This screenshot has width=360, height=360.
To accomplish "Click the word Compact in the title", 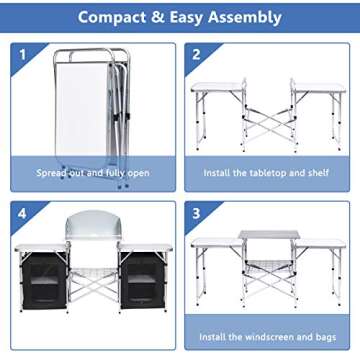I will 115,17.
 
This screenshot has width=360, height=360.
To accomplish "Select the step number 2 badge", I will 196,55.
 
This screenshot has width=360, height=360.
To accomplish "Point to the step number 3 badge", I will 196,212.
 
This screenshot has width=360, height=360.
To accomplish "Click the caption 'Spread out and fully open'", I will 91,173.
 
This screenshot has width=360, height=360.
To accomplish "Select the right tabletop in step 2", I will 318,88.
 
